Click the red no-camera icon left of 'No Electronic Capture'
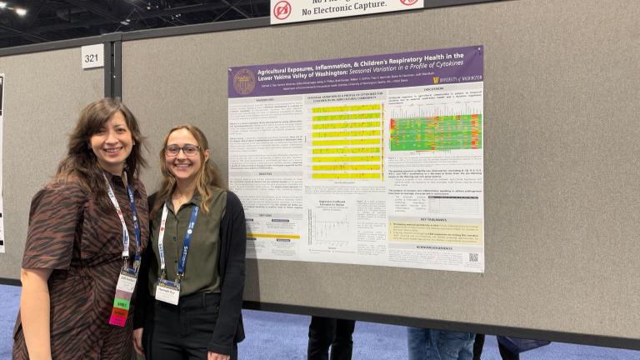[x=282, y=10]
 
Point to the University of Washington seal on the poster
[x=244, y=82]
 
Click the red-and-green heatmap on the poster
[x=435, y=132]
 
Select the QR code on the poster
[x=473, y=257]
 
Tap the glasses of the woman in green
[x=182, y=150]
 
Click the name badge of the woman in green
[x=167, y=292]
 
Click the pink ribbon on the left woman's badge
[x=118, y=317]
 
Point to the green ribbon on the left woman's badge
[x=122, y=303]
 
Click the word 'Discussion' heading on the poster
[x=433, y=89]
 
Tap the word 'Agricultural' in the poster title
[x=278, y=72]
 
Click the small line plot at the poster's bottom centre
[x=332, y=229]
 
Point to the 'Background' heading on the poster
[x=265, y=99]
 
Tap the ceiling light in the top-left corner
[x=20, y=11]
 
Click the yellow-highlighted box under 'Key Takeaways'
[x=435, y=231]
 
